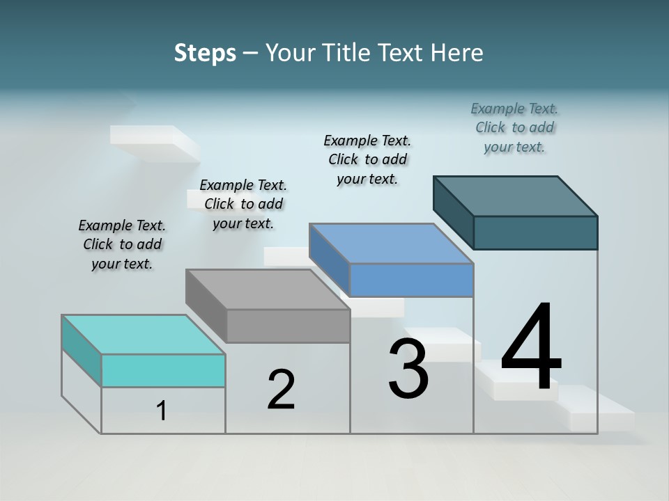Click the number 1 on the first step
(162, 411)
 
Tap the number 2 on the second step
(281, 390)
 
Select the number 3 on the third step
(408, 369)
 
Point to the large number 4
(531, 348)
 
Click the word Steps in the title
(205, 53)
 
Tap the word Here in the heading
(458, 53)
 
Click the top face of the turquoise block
(143, 335)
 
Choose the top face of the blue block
(391, 244)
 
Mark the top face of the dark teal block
(515, 196)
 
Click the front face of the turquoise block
(163, 370)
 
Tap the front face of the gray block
(288, 326)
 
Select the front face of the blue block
(411, 280)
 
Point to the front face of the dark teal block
(535, 232)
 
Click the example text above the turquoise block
(122, 245)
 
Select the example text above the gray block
(243, 204)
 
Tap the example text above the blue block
(367, 159)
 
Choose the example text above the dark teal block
(514, 127)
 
